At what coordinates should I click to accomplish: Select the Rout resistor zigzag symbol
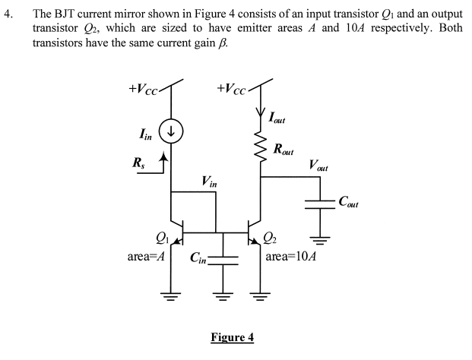click(262, 148)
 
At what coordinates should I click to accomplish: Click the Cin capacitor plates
click(223, 258)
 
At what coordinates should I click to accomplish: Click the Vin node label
click(209, 182)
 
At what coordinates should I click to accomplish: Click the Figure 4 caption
click(231, 336)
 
